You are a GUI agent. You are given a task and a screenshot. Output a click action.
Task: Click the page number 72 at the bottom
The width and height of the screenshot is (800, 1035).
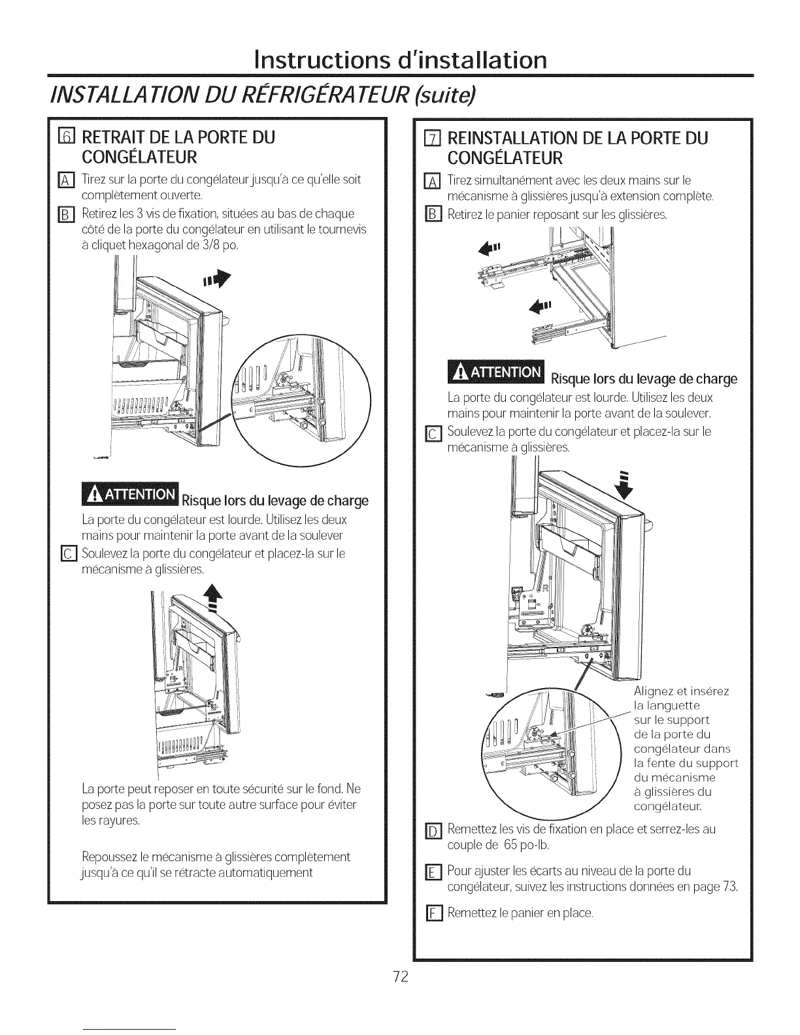click(x=400, y=977)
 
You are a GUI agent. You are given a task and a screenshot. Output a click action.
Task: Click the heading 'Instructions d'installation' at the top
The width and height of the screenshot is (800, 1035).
click(x=399, y=61)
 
